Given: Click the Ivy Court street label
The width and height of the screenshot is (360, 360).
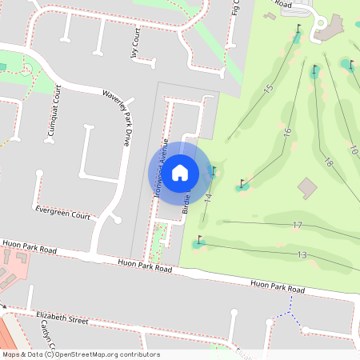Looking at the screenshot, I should click(x=135, y=58).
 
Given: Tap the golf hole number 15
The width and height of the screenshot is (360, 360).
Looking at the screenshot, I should click(x=268, y=87).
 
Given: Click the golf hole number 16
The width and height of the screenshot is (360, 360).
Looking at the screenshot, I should click(x=286, y=130).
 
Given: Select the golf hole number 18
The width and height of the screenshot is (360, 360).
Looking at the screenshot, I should click(x=327, y=162).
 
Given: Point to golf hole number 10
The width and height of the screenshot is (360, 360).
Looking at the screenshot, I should click(x=353, y=149).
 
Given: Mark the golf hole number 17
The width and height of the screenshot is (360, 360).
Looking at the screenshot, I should click(x=298, y=226).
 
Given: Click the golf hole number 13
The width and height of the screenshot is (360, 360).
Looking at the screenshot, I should click(x=302, y=254).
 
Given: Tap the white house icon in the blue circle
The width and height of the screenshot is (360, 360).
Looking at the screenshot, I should click(x=180, y=171).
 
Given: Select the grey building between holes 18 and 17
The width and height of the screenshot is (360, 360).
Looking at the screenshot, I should click(x=307, y=188).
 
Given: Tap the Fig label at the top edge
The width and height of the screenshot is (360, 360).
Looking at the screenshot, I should click(x=236, y=7).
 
